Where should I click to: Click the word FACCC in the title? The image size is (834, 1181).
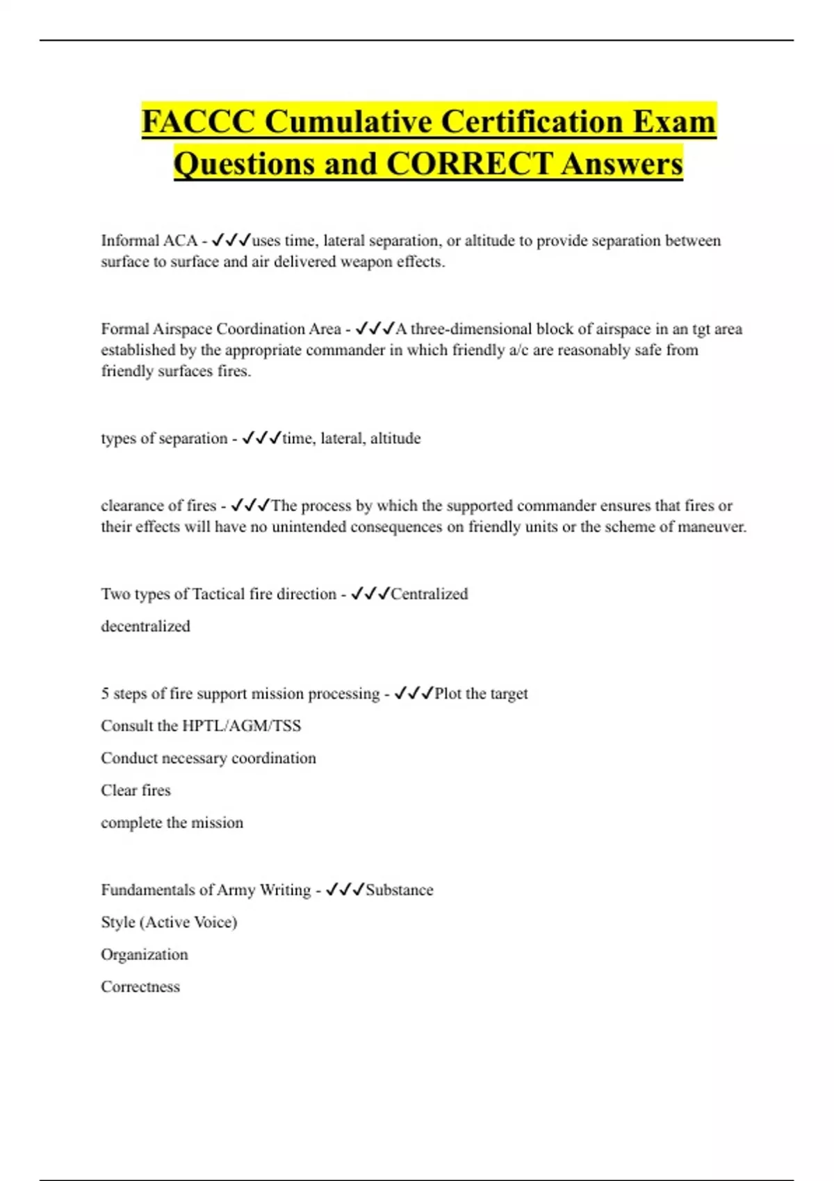pos(198,122)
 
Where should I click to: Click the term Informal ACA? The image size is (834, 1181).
pos(149,241)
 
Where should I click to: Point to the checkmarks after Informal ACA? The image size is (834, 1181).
pos(231,240)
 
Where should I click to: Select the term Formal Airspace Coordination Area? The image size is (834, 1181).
pos(220,329)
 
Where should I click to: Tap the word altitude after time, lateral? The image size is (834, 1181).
pos(395,438)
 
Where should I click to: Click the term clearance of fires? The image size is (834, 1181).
pos(158,506)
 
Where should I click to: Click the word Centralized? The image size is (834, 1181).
pos(429,594)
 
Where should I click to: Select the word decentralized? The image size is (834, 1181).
pos(145,627)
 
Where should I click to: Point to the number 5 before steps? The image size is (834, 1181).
pos(105,693)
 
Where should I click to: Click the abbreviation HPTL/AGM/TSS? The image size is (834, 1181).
pos(241,726)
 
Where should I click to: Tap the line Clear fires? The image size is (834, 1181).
pos(136,791)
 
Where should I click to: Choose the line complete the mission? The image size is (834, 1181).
pos(172,823)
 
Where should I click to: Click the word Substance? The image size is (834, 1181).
pos(399,890)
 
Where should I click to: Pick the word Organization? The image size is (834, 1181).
pos(144,955)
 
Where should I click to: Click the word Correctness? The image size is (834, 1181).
pos(140,987)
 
